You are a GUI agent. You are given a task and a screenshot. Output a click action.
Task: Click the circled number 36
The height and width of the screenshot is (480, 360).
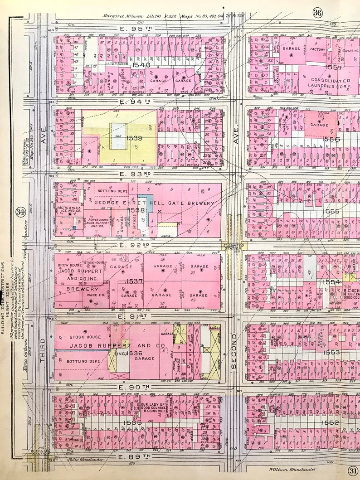(317, 13)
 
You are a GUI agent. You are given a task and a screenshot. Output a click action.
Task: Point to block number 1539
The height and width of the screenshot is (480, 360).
(135, 138)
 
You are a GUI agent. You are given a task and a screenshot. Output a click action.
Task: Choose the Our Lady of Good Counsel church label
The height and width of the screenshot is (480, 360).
(154, 407)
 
